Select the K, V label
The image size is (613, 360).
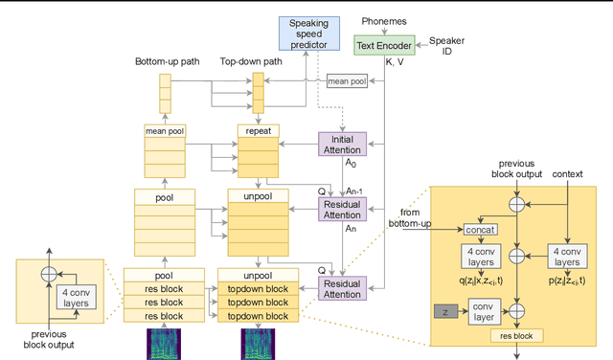point(395,61)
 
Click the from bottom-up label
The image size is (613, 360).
point(410,216)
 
